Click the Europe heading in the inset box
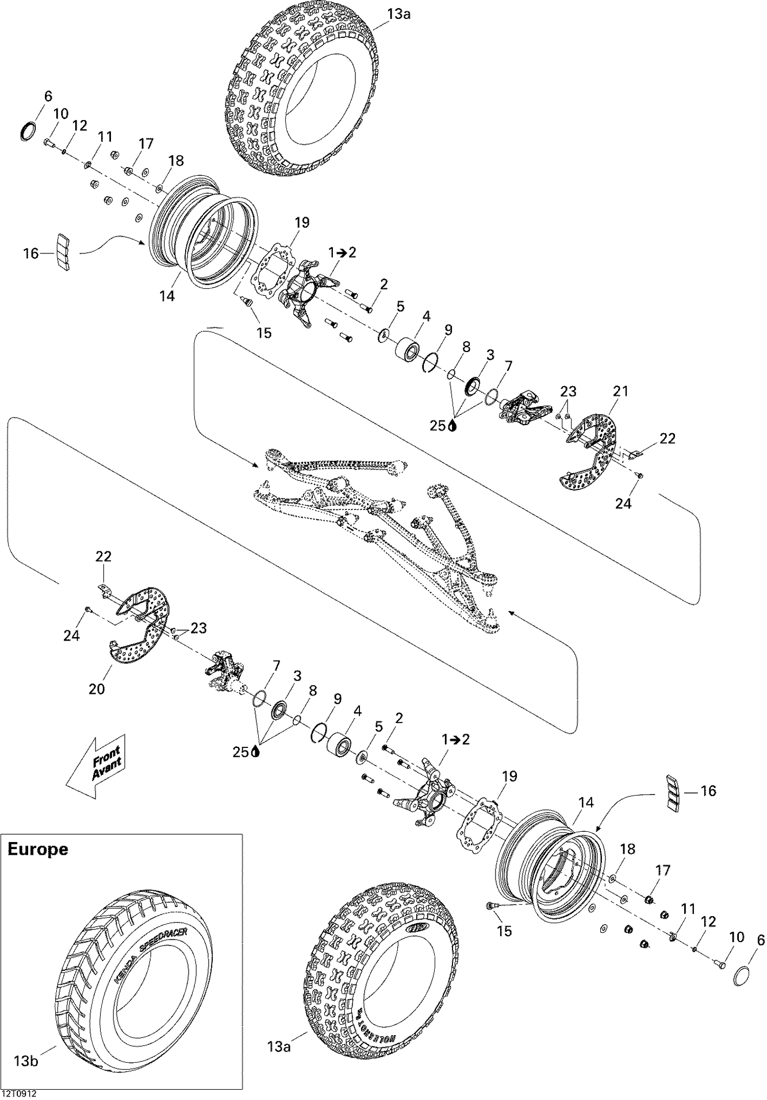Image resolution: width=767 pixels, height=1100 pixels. coord(37,849)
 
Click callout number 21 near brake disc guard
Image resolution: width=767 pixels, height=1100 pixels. coord(620,391)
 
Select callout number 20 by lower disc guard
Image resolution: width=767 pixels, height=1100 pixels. coord(97,689)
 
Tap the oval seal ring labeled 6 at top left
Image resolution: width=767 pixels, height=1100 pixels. coord(28,131)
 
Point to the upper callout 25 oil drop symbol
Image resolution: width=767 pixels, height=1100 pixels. coord(452,426)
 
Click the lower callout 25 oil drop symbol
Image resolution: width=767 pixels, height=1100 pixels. coord(256,752)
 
